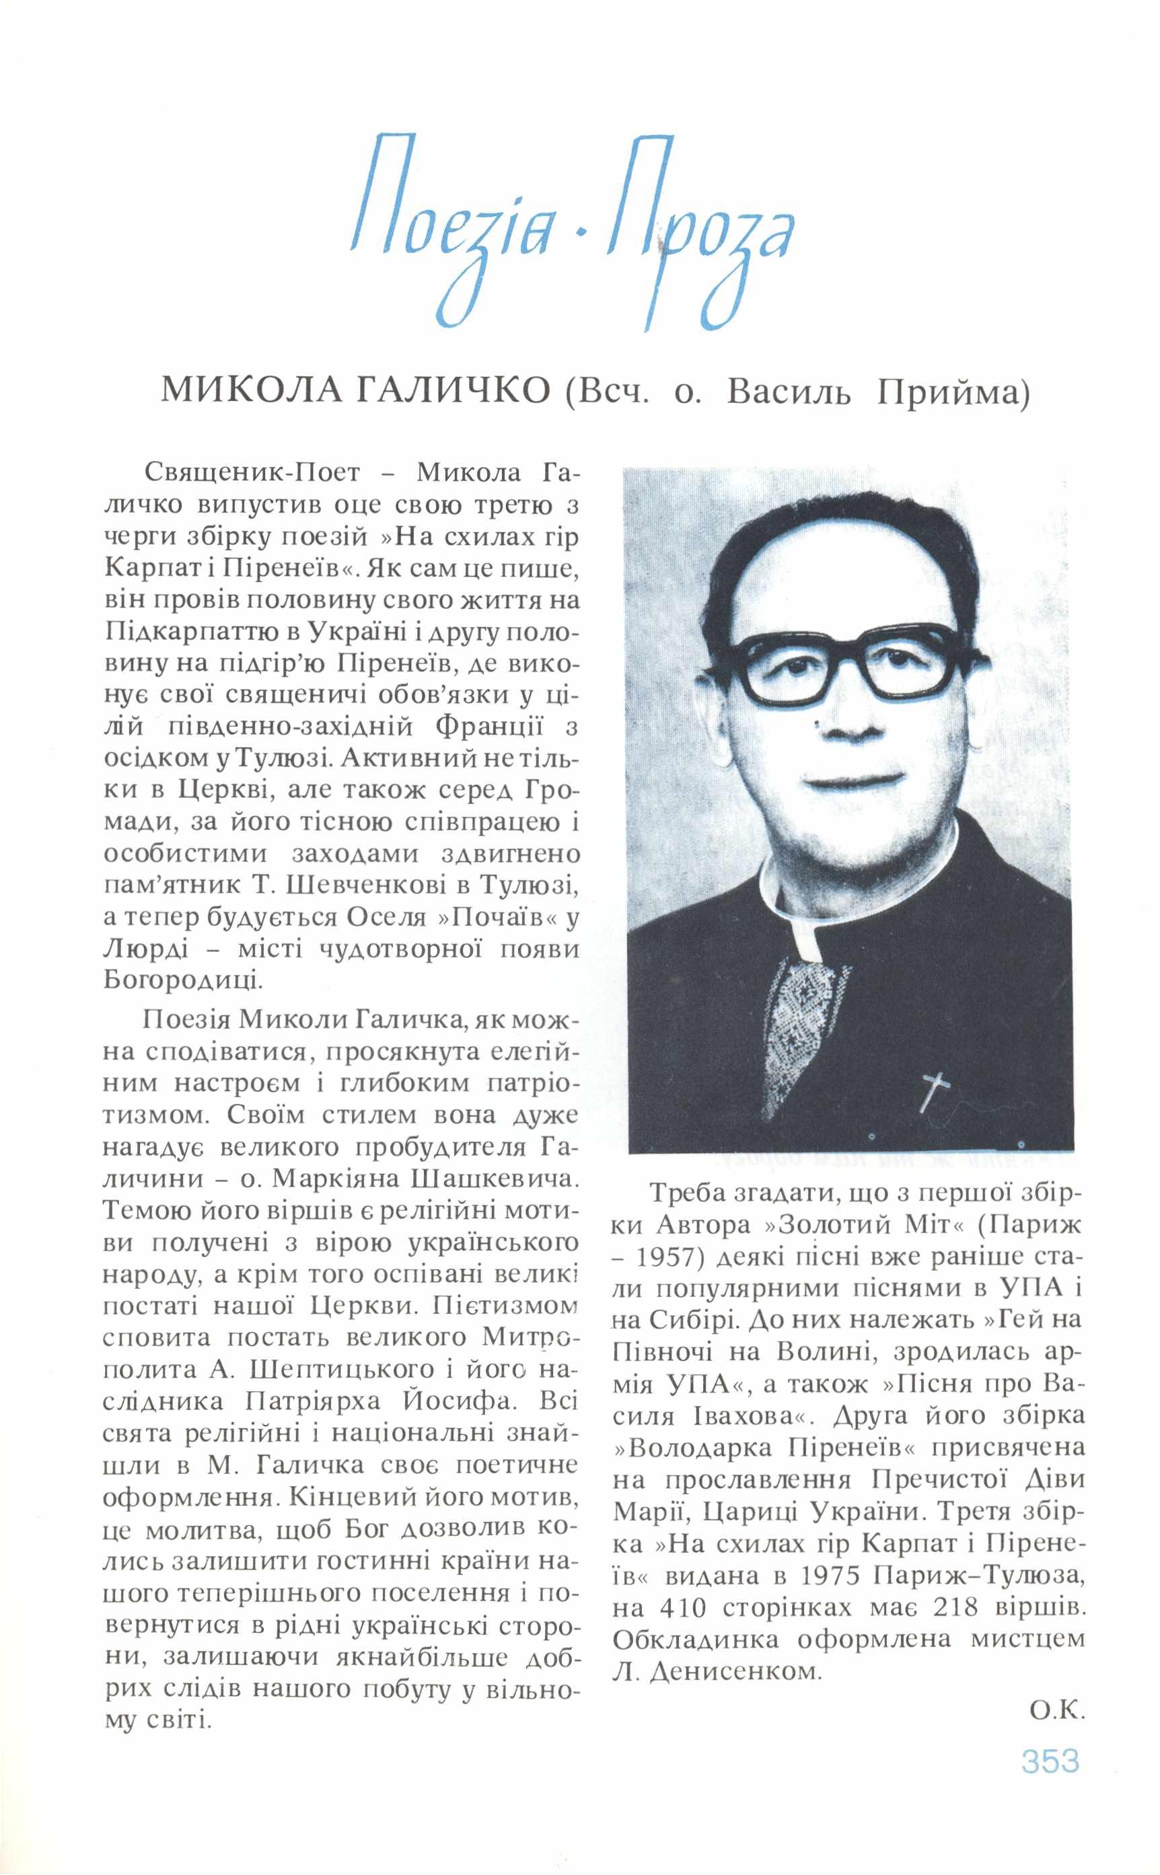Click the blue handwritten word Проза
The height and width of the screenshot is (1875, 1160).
(x=698, y=230)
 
